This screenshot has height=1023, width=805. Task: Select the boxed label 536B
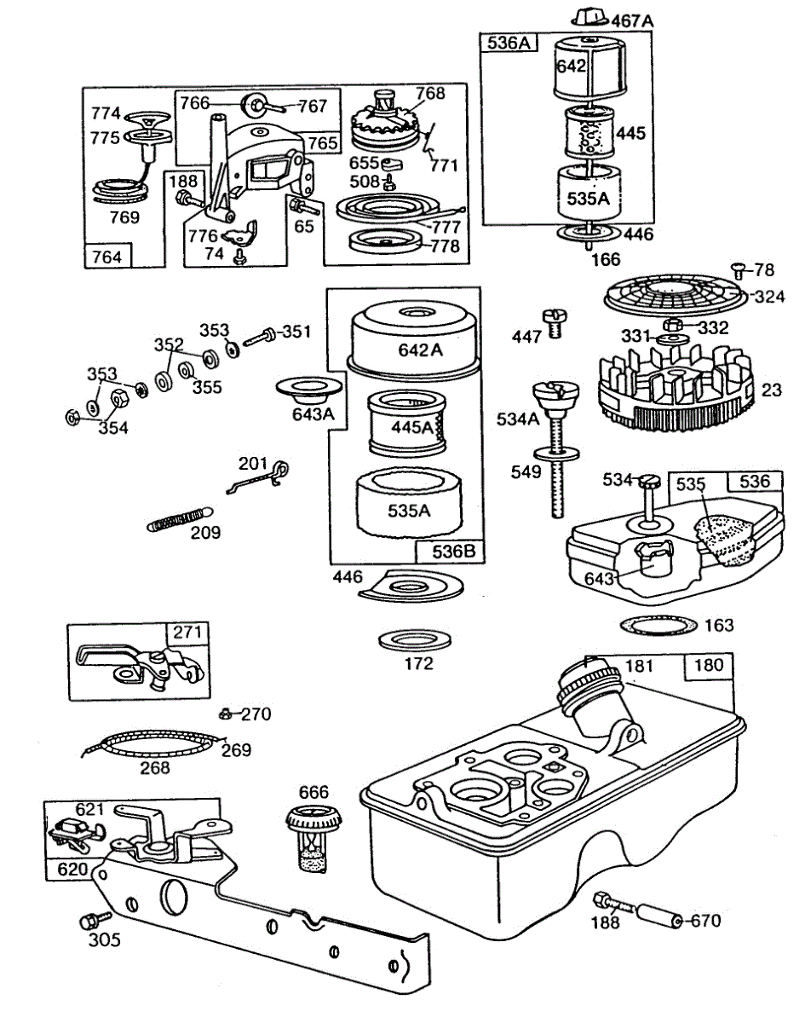coord(448,551)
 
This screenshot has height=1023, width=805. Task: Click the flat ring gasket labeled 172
coord(415,639)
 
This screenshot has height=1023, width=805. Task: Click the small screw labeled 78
coord(738,271)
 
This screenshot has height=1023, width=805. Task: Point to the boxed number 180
coord(708,666)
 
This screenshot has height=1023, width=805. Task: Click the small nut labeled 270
coord(226,713)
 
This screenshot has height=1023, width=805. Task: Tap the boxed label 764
coord(107,256)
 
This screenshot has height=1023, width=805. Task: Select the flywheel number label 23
coord(772,390)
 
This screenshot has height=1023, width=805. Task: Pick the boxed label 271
coord(188,633)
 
